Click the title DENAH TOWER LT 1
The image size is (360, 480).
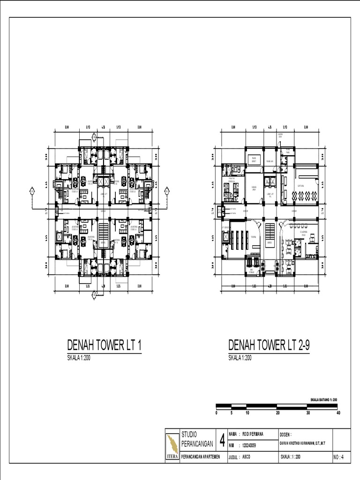105,345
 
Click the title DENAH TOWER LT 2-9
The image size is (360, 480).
270,345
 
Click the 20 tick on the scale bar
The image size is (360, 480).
277,413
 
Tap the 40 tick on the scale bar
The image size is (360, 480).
338,413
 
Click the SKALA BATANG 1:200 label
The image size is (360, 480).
324,399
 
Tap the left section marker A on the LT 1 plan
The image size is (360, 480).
32,191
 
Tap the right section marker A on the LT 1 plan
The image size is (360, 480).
166,191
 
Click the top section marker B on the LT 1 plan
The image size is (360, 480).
94,137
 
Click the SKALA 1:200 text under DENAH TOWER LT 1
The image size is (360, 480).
80,358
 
